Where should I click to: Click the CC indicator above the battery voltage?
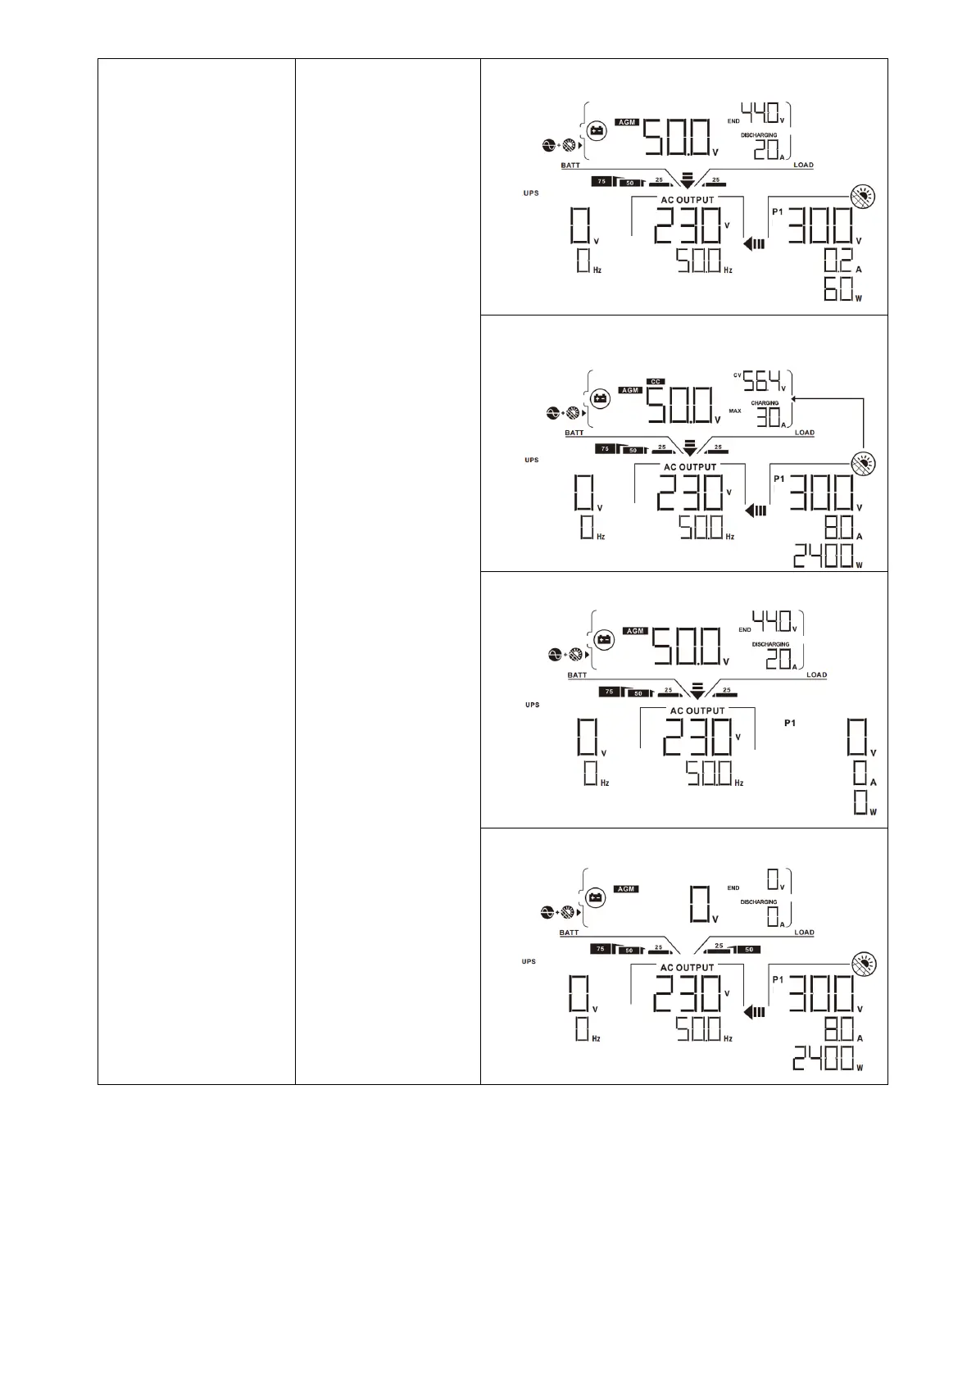click(x=655, y=381)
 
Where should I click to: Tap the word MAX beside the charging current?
click(x=734, y=411)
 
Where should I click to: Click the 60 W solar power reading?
click(x=838, y=289)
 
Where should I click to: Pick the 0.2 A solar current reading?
click(x=837, y=261)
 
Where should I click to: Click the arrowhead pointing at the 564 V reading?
click(x=796, y=398)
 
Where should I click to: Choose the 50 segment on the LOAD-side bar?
click(x=748, y=950)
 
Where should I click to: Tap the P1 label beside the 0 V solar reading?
click(x=790, y=723)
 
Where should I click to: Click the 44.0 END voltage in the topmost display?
click(x=760, y=112)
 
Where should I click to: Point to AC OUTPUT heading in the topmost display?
click(x=687, y=200)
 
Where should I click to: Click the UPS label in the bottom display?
click(x=529, y=961)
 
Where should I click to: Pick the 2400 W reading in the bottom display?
click(x=823, y=1060)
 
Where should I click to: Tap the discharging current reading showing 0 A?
click(x=772, y=917)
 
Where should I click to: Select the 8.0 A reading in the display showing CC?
click(x=837, y=528)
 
